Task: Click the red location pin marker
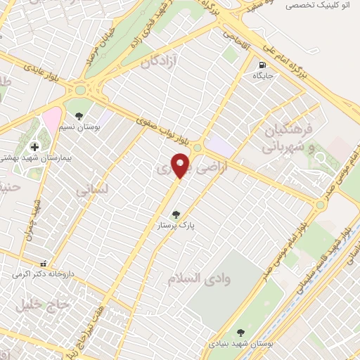(x=181, y=165)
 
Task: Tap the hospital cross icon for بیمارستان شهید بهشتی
(x=34, y=147)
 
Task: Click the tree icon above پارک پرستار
(x=176, y=215)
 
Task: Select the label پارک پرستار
(x=176, y=226)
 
